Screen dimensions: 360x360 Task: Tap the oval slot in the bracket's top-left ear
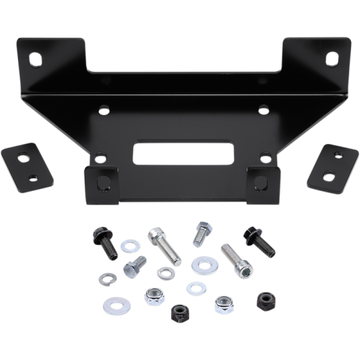35,60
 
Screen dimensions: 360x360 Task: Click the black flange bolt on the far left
105,242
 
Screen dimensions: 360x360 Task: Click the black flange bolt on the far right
259,242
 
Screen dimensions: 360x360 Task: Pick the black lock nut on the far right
266,301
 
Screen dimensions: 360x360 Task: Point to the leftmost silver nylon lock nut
154,296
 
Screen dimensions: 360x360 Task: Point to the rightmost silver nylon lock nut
224,305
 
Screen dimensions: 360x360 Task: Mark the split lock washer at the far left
108,279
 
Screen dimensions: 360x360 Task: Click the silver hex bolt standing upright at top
202,233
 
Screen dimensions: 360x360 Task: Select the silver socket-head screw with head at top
165,245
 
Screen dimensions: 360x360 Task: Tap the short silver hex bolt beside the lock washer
135,266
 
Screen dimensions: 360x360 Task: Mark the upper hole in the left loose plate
24,158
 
